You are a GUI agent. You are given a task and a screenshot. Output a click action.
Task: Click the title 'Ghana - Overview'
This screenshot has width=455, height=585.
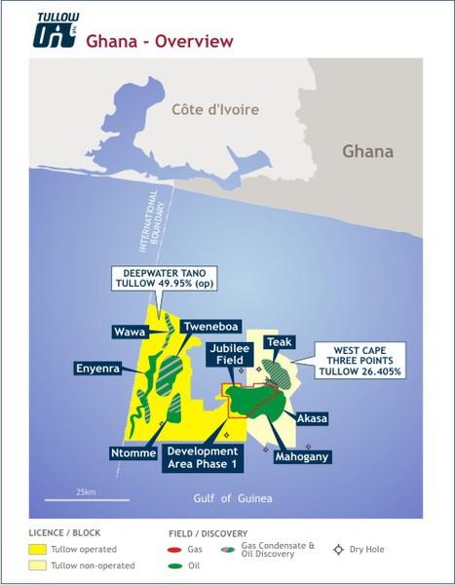(x=160, y=41)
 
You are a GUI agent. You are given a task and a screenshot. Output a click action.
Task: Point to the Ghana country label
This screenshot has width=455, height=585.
(x=367, y=151)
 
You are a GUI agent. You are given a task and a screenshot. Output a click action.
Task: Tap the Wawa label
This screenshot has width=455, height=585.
(x=130, y=332)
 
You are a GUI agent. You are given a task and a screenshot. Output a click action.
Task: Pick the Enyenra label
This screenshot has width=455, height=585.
(x=99, y=368)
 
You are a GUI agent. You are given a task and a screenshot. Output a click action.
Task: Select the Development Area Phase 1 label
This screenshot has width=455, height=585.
(x=203, y=457)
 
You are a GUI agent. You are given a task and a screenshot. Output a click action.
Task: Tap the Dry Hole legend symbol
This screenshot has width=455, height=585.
(x=339, y=549)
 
